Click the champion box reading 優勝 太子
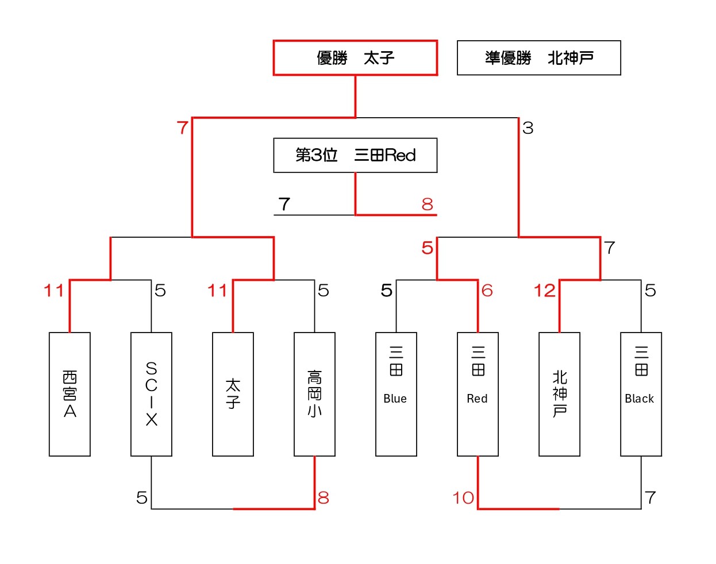(355, 58)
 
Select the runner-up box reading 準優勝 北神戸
(538, 58)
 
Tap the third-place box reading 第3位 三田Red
(355, 155)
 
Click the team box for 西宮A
(70, 394)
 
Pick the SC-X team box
(151, 394)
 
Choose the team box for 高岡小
(314, 394)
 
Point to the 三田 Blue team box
(396, 394)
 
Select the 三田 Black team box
(641, 394)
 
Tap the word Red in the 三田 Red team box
(477, 399)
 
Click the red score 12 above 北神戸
(544, 291)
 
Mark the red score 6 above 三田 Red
(487, 291)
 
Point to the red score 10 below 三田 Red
(463, 498)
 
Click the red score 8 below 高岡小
(324, 498)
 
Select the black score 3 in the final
(528, 128)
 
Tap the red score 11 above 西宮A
(54, 291)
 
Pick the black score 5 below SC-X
(142, 498)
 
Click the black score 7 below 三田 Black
(650, 498)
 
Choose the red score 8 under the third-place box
(427, 204)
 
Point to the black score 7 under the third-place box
(284, 204)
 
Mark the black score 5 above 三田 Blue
(387, 291)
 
